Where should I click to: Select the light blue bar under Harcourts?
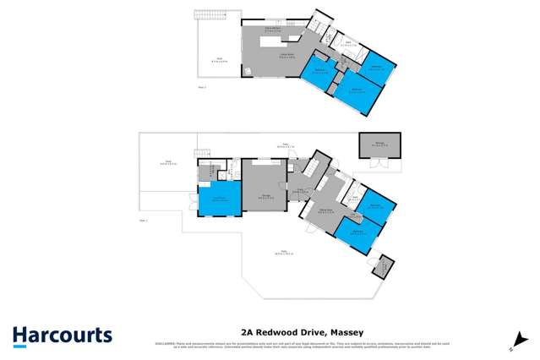click(62, 346)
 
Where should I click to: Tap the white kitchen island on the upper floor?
click(273, 40)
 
